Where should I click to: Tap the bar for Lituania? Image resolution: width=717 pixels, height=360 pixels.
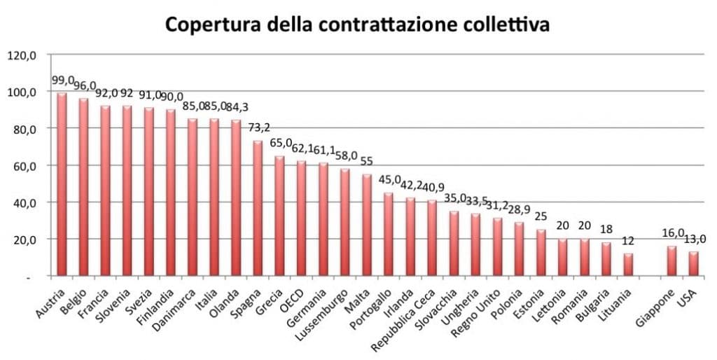628,265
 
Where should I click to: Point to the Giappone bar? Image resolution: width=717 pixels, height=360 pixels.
671,261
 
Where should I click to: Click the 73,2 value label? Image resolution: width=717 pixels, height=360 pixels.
261,129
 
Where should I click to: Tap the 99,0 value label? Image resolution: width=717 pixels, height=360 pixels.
64,81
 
